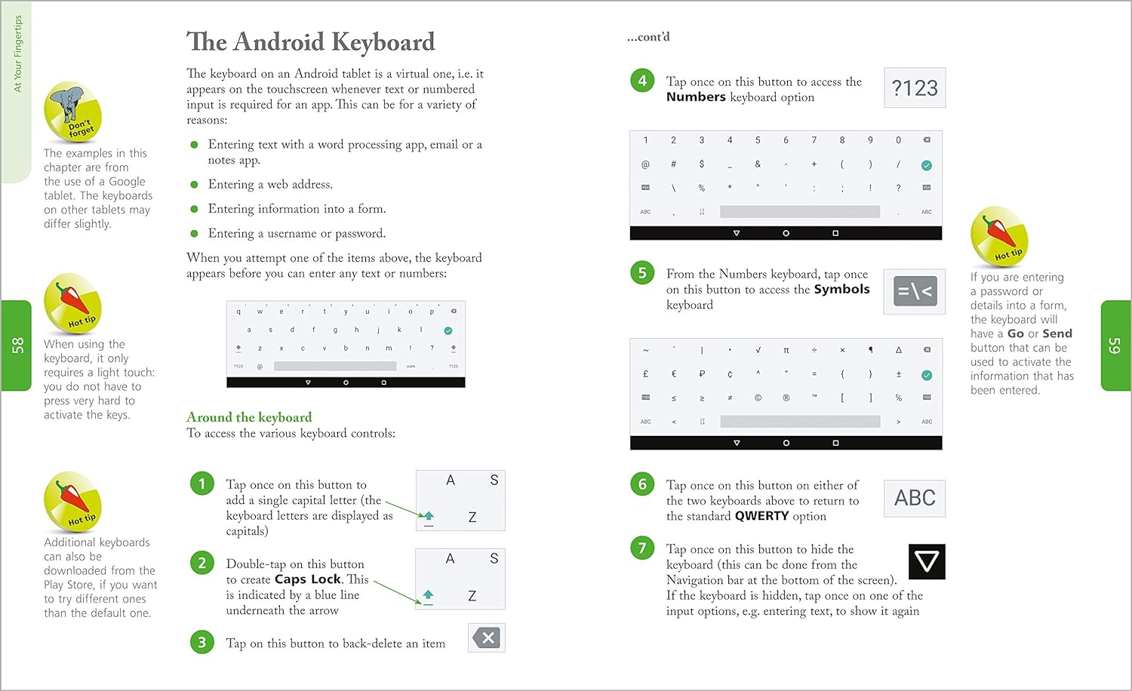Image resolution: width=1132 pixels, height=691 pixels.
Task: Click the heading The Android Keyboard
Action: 310,41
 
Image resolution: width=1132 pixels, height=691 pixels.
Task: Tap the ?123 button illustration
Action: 915,88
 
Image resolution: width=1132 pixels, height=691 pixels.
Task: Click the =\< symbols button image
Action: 915,291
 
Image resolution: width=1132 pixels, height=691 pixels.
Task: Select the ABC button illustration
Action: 915,498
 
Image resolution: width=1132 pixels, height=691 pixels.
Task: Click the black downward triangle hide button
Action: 927,561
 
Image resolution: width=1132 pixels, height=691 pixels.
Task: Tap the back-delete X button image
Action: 487,638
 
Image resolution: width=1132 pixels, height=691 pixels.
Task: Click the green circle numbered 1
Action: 202,484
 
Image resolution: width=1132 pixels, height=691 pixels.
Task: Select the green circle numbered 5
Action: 642,273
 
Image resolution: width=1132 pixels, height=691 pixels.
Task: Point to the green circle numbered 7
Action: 642,548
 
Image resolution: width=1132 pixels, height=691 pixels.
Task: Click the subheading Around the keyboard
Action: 249,417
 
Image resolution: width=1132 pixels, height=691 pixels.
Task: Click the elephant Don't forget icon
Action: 72,112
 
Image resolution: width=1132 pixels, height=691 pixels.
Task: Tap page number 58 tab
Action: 17,345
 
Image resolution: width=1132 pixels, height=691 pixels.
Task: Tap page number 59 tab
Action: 1114,345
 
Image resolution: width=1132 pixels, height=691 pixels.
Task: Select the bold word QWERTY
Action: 761,516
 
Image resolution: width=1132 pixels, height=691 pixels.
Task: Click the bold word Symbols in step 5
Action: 841,290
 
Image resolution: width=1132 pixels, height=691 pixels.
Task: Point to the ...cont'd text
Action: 648,37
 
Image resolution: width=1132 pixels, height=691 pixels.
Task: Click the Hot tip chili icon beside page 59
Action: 998,236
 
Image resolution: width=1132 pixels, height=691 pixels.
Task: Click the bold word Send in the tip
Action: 1057,333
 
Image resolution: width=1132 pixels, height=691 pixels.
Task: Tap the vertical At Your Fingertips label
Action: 18,54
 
